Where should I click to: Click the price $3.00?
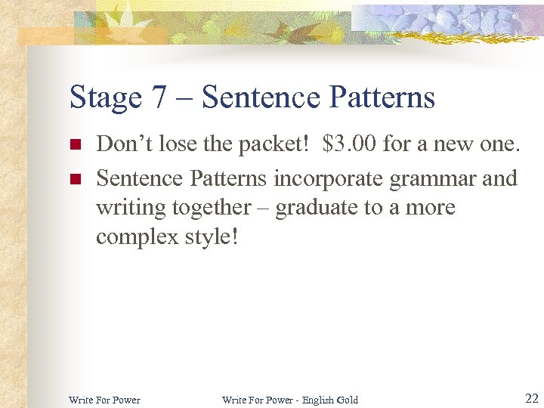349,144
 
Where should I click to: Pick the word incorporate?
330,178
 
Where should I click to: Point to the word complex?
135,237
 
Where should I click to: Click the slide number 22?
531,398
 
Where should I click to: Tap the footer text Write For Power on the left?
104,400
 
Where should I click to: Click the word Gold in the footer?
347,400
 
